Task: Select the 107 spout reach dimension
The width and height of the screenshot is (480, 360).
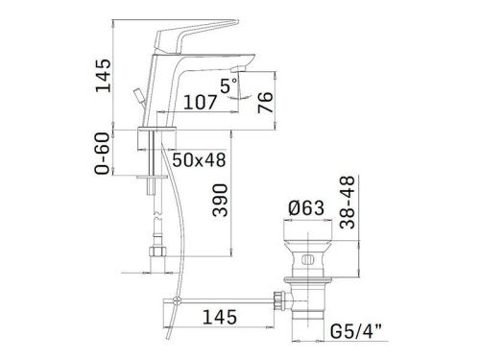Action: pyautogui.click(x=202, y=99)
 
